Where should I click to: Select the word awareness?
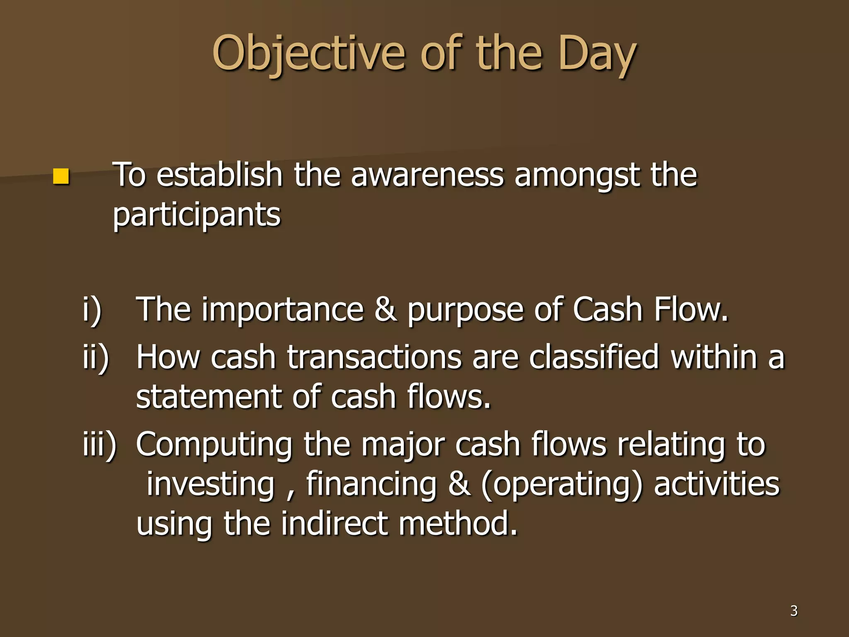(x=427, y=175)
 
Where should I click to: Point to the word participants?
(x=196, y=215)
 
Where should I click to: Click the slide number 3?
(x=793, y=610)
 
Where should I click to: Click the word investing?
(x=211, y=484)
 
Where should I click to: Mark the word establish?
(x=219, y=175)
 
